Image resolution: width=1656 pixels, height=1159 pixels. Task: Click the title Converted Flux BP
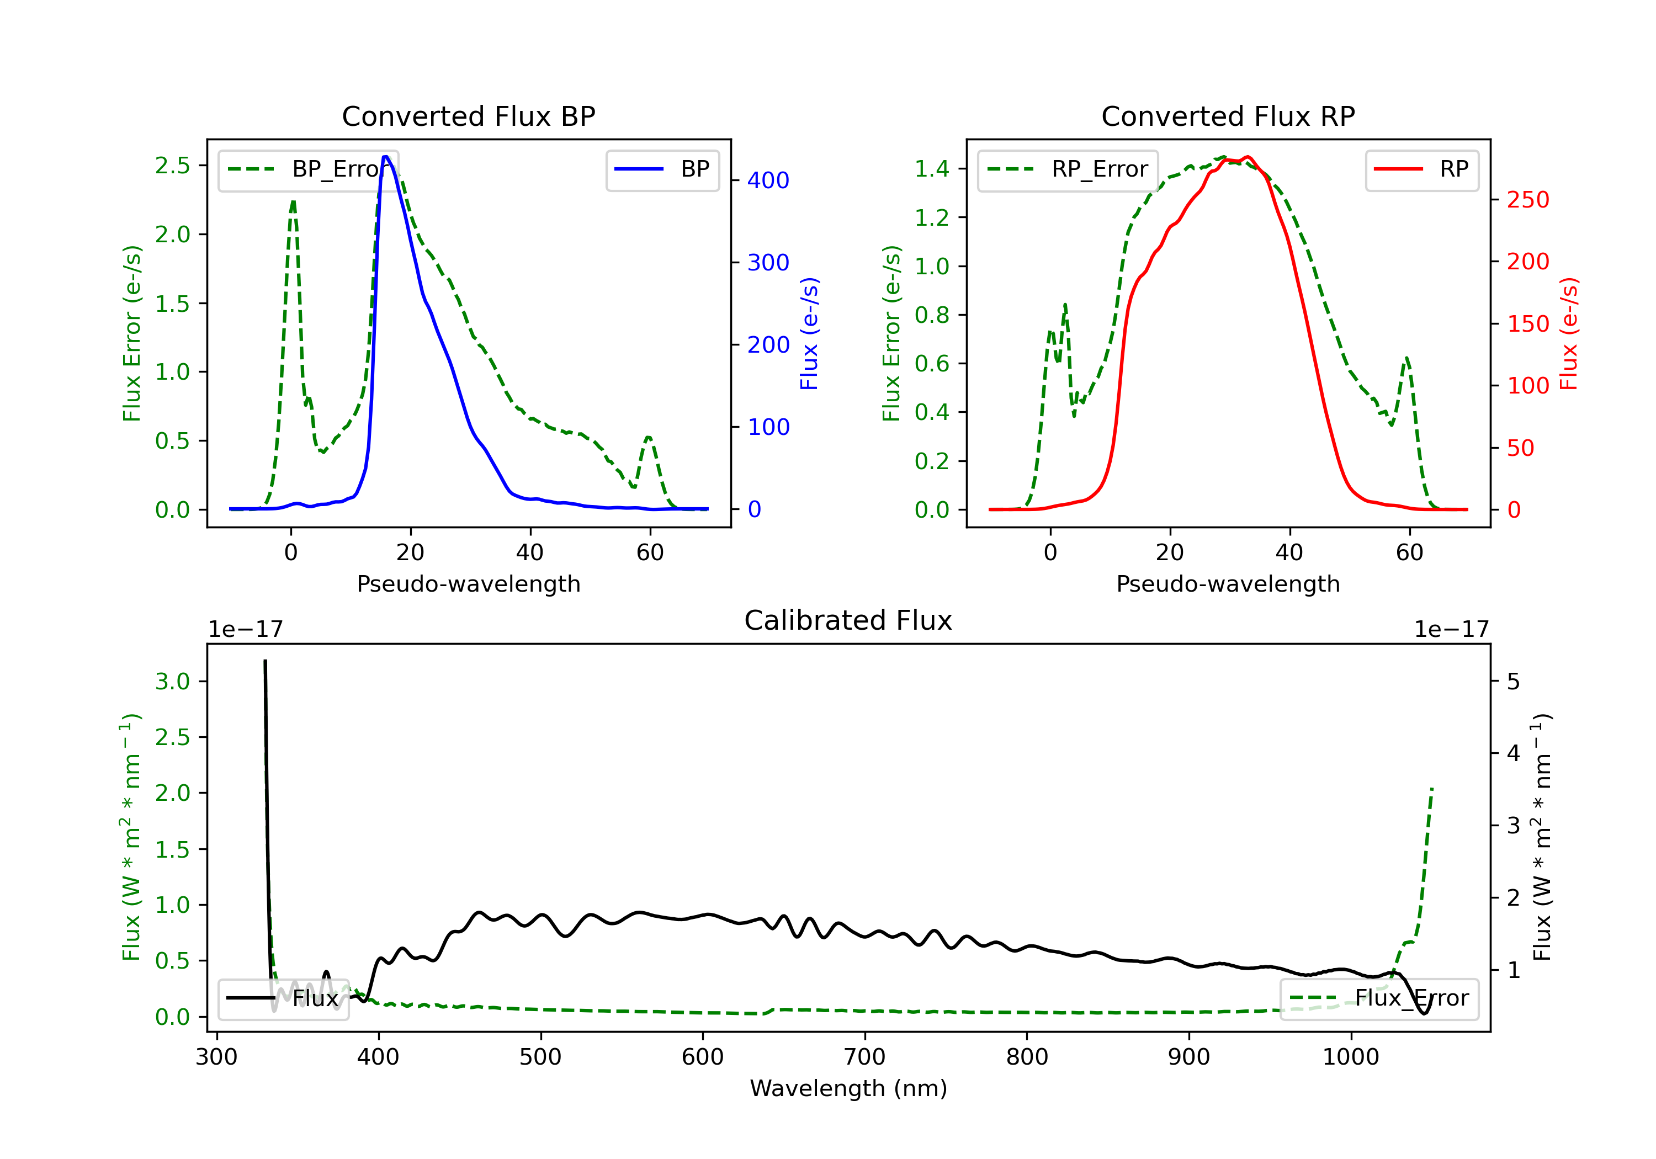[x=468, y=116]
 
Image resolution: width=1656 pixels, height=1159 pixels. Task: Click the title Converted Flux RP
[x=1228, y=116]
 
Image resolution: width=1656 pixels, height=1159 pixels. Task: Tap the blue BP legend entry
[x=662, y=169]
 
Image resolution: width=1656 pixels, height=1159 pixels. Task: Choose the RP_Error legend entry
[x=1068, y=169]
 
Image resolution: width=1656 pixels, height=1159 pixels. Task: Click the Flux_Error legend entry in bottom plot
[x=1378, y=998]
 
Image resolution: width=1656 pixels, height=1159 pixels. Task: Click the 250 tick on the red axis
[x=1527, y=200]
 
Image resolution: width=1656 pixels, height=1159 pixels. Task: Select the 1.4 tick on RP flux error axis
[x=932, y=169]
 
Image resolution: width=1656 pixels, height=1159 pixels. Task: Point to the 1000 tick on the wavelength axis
[x=1350, y=1057]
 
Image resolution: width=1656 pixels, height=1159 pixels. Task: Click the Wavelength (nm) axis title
[x=848, y=1088]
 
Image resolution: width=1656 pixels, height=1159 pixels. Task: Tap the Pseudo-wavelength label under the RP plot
[x=1228, y=584]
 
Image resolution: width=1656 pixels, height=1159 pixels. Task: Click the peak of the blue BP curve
[x=386, y=157]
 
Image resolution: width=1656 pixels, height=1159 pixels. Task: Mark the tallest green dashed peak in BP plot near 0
[x=293, y=202]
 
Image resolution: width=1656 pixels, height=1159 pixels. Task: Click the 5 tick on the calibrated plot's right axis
[x=1513, y=682]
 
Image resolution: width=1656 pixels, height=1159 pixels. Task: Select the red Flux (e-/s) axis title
[x=1569, y=334]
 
